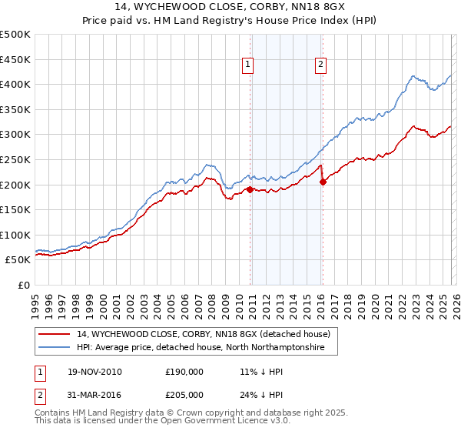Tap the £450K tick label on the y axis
pyautogui.click(x=15, y=59)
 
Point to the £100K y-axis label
pyautogui.click(x=15, y=235)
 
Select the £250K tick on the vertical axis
pyautogui.click(x=15, y=159)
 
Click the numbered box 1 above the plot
pyautogui.click(x=249, y=65)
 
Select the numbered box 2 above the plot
pyautogui.click(x=320, y=65)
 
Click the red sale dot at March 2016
pyautogui.click(x=323, y=182)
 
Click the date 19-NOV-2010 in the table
pyautogui.click(x=95, y=371)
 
